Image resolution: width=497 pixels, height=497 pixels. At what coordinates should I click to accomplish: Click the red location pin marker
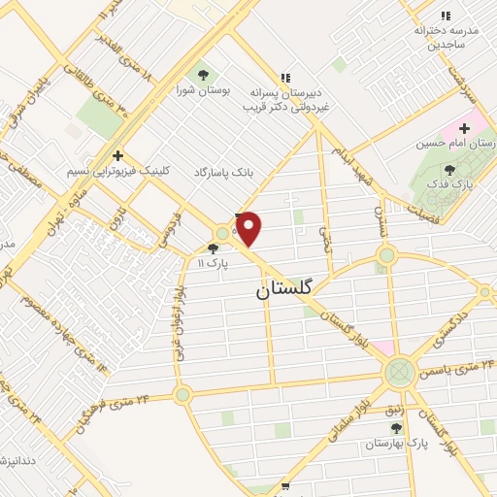[x=249, y=229]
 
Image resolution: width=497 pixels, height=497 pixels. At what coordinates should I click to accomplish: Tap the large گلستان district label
[x=287, y=289]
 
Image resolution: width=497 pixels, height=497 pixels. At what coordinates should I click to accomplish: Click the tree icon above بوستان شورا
[x=202, y=75]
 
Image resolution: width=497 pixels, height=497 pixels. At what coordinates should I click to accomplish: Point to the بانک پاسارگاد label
[x=222, y=171]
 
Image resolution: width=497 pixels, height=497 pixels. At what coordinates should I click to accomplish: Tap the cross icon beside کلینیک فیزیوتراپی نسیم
[x=117, y=154]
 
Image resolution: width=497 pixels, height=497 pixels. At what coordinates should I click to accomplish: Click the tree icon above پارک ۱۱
[x=213, y=248]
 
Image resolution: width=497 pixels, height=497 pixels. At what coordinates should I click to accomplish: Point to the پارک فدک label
[x=452, y=182]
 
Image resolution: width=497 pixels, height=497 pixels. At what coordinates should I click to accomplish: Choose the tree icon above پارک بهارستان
[x=396, y=427]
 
